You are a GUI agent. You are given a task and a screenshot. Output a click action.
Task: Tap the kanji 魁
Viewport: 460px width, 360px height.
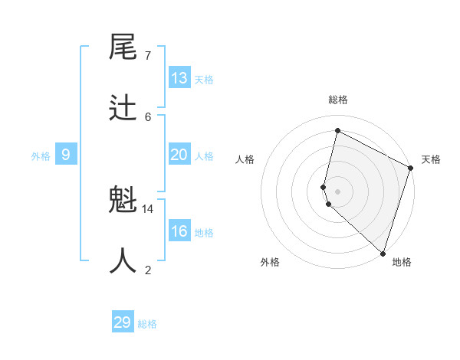point(123,201)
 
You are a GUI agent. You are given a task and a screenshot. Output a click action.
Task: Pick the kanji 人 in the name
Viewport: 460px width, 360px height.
point(123,261)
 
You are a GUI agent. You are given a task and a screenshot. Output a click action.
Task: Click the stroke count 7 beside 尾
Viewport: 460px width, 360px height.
point(147,56)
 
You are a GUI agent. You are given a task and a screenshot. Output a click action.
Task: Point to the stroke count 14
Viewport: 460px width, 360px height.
point(148,208)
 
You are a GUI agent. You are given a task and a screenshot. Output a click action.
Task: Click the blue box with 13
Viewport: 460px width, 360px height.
point(179,78)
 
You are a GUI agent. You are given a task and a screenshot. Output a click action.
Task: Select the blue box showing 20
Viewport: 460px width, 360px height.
point(179,155)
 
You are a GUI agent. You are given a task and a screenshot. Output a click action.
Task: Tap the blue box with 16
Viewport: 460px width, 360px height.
point(179,231)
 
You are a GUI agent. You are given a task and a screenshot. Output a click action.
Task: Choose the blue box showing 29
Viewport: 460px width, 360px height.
point(123,322)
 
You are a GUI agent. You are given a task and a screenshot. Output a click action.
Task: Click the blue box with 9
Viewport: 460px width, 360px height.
point(66,155)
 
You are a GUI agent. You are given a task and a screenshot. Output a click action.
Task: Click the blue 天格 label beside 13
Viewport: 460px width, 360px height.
point(204,80)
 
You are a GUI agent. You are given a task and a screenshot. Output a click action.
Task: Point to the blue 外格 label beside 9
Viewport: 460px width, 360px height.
point(41,156)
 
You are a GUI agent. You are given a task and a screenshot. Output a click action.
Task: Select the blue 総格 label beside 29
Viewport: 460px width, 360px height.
point(147,324)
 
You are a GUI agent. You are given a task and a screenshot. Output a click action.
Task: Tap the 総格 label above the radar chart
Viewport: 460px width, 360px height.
point(338,100)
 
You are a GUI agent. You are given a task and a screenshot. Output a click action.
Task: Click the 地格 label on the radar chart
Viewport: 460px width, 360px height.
point(402,263)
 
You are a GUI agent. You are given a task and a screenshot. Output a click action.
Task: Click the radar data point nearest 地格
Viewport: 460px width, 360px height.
point(383,253)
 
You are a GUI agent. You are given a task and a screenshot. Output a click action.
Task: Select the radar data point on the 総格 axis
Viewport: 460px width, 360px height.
point(337,130)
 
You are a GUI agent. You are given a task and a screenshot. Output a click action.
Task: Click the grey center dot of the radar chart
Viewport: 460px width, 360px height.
point(337,191)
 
